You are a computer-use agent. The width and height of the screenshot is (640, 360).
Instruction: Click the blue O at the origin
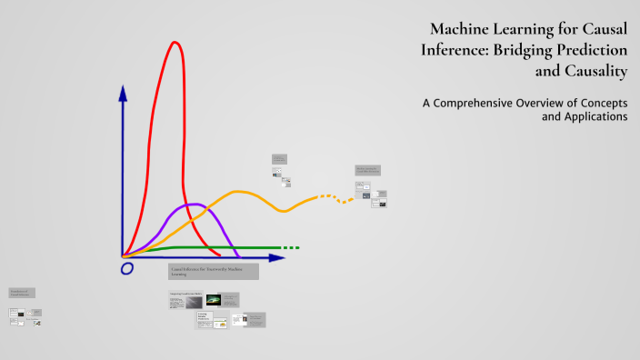(126, 269)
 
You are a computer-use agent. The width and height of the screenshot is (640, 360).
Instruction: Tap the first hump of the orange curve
(240, 192)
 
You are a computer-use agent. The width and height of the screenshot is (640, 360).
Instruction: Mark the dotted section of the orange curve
(332, 196)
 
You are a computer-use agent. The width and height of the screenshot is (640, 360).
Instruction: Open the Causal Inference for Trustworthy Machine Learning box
(213, 271)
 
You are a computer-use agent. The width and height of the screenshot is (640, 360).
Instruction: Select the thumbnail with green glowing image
(214, 299)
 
